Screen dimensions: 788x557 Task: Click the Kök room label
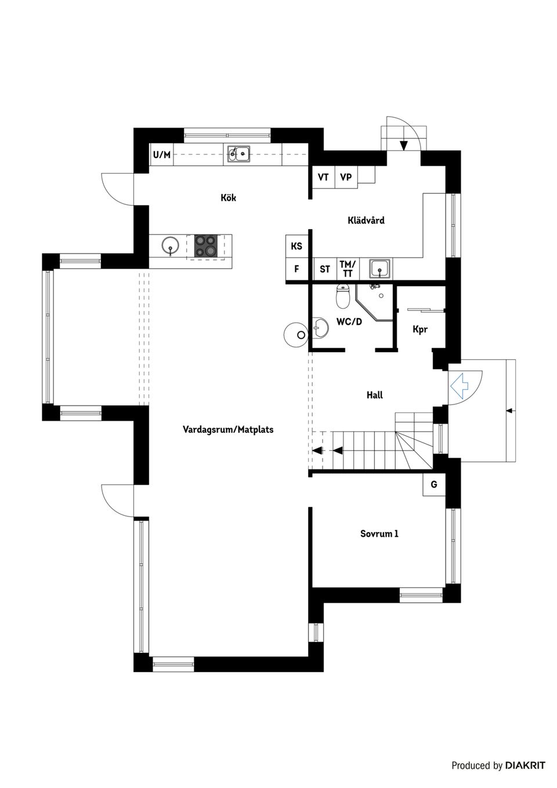[228, 198]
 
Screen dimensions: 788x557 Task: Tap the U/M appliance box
[162, 155]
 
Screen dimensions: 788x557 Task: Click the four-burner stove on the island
[205, 245]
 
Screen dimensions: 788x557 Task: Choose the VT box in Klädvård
[323, 177]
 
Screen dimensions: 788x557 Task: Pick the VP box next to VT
[346, 177]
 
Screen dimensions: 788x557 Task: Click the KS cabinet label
[296, 246]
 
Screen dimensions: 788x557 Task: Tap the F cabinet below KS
[296, 269]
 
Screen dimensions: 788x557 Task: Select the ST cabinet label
[325, 269]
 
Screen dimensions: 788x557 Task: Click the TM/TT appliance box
[348, 269]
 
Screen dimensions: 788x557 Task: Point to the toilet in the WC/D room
[343, 298]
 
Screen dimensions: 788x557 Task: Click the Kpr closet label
[420, 329]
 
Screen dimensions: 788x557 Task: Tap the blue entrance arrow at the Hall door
[460, 384]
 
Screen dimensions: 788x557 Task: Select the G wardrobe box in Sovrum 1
[434, 485]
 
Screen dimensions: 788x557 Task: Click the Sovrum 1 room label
[379, 534]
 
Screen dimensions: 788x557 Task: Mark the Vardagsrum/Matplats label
[228, 430]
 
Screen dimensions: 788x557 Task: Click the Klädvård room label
[366, 221]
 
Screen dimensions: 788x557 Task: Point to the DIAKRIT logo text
[525, 765]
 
